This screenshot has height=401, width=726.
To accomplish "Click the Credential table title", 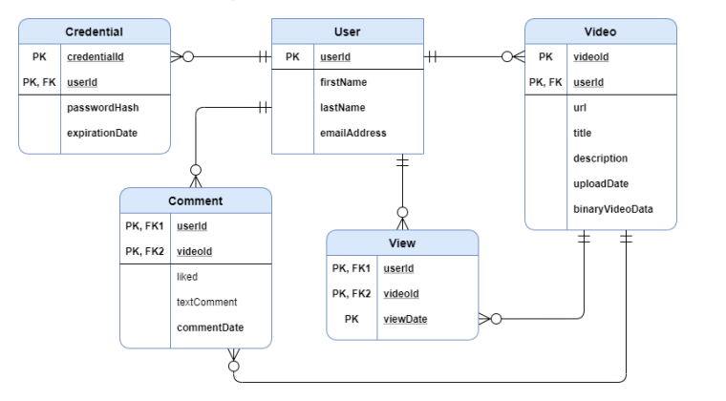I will tap(94, 32).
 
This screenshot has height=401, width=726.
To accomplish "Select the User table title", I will tap(348, 32).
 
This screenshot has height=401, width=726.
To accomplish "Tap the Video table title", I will tap(600, 32).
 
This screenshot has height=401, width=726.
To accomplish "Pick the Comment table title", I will tap(195, 200).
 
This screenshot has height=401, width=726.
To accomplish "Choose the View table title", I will tap(402, 243).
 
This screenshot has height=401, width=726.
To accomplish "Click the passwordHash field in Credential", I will tap(102, 108).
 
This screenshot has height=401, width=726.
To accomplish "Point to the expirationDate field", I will tap(101, 133).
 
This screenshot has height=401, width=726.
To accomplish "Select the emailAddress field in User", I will tap(352, 133).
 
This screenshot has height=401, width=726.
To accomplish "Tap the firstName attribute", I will tap(343, 83).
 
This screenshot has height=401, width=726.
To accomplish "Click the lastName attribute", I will tap(342, 108).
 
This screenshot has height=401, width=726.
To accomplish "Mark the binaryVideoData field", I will tap(612, 209).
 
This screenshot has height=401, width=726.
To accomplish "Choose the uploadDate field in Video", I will tap(600, 183).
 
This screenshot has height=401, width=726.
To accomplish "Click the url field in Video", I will tap(580, 108).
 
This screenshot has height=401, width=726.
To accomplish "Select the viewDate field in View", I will tap(405, 319).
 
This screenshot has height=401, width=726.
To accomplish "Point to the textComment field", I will tap(206, 302).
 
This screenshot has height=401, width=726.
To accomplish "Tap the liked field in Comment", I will tap(187, 277).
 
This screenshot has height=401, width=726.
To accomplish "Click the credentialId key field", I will tap(96, 57).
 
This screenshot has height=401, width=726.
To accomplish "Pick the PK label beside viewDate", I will tap(352, 319).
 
